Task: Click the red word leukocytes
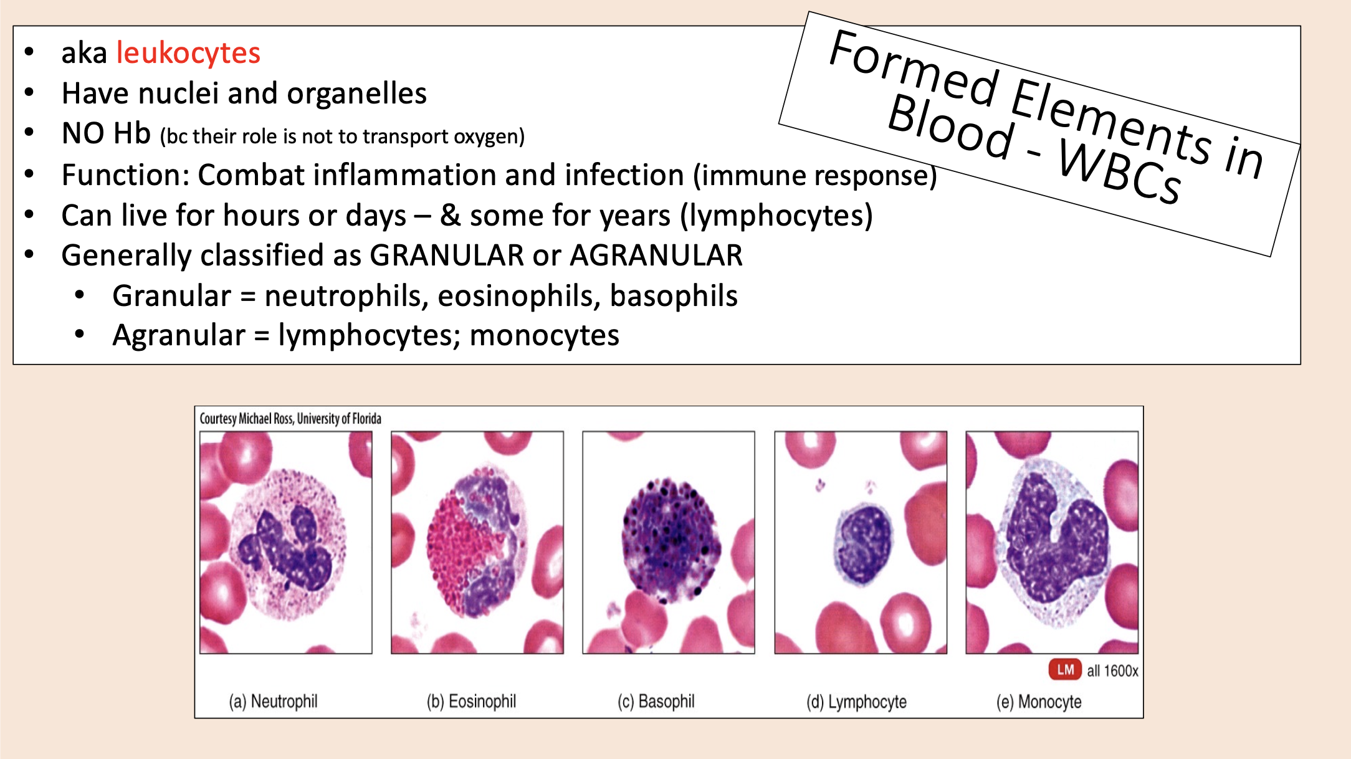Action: pos(188,53)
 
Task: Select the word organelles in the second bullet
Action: pos(356,94)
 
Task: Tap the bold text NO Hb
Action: pos(106,134)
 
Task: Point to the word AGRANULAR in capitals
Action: pos(656,255)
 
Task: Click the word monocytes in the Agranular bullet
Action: pos(544,336)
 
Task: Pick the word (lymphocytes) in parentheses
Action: pos(776,216)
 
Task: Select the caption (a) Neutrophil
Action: pos(273,702)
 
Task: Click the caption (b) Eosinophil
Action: pos(471,702)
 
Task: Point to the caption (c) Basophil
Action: pos(656,702)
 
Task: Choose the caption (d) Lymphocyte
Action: pos(856,702)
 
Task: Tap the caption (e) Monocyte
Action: pos(1038,702)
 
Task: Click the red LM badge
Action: pos(1065,670)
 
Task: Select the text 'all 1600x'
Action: pos(1112,671)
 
